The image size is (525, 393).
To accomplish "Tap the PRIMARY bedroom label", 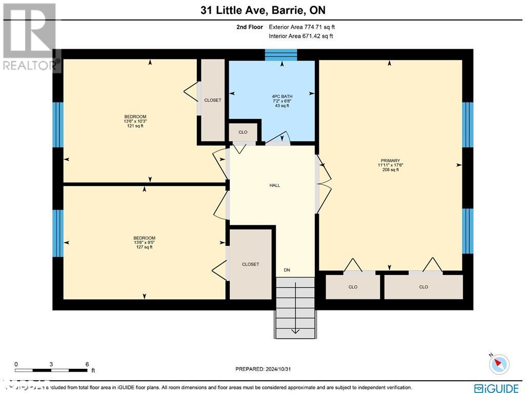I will pos(389,160).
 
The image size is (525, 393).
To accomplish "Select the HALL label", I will pos(275,185).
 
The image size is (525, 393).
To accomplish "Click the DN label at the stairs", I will pos(287,270).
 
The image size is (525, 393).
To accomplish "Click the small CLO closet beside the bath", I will pos(243,132).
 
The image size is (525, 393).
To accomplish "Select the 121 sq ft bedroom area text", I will pos(135,126).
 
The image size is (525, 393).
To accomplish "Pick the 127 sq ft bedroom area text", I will pos(144,247).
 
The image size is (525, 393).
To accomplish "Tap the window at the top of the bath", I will pos(281,55).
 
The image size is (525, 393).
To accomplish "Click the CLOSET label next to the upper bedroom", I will pos(212,100).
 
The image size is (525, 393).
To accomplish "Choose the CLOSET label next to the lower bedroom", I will pos(250,264).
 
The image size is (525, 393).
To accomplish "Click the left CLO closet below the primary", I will pos(353,287).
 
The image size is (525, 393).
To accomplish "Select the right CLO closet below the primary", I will pos(423,287).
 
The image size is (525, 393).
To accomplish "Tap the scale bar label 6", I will pos(87,364).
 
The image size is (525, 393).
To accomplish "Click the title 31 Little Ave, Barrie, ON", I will pos(262,10).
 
